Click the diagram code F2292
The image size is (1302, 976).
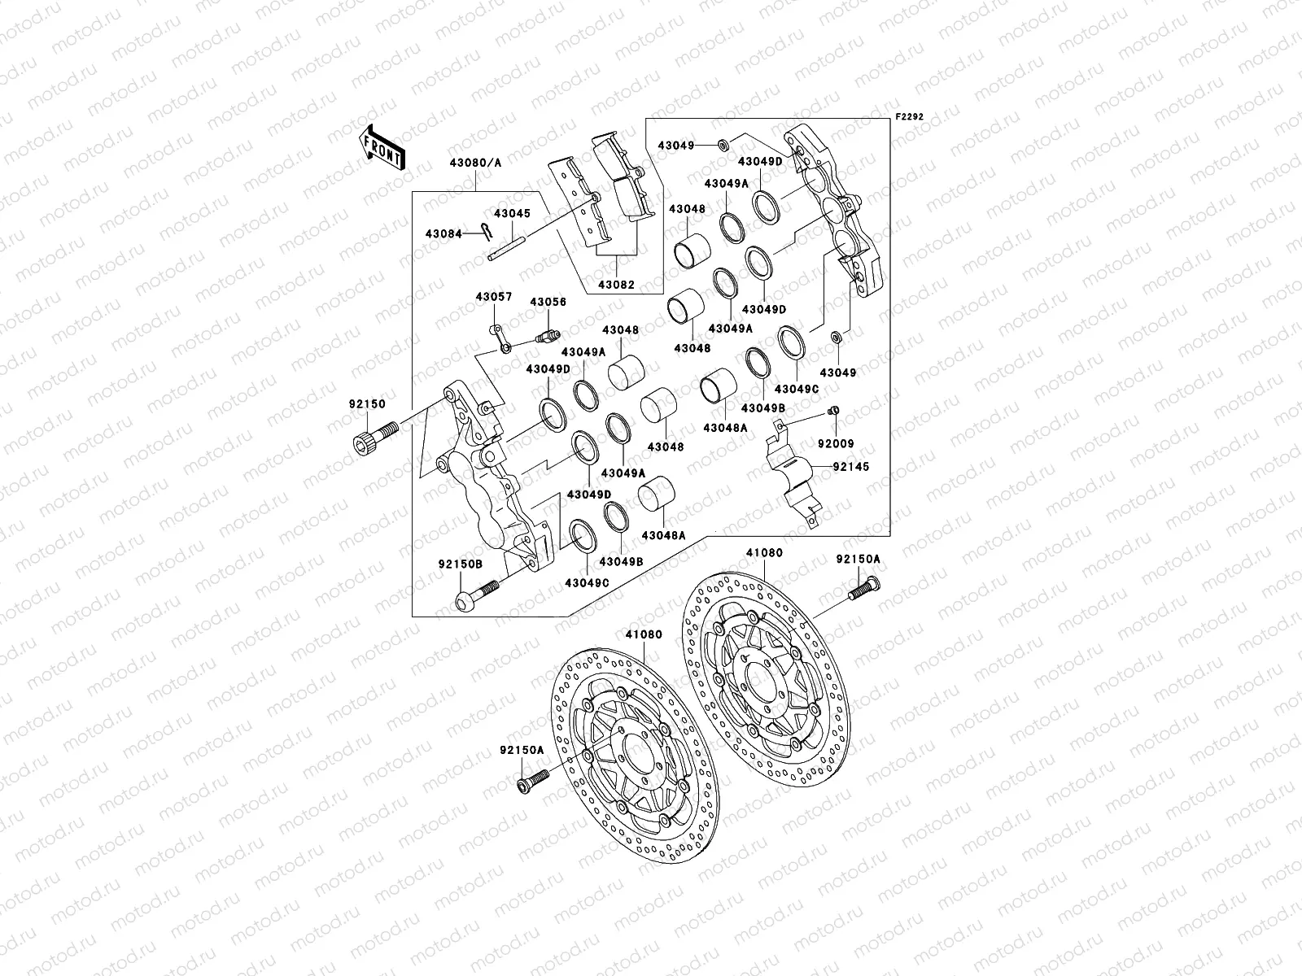910,117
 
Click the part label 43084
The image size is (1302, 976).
443,234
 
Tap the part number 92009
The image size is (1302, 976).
835,445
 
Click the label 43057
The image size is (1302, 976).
494,297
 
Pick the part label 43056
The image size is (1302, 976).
548,302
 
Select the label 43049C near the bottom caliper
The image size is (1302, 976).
587,582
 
